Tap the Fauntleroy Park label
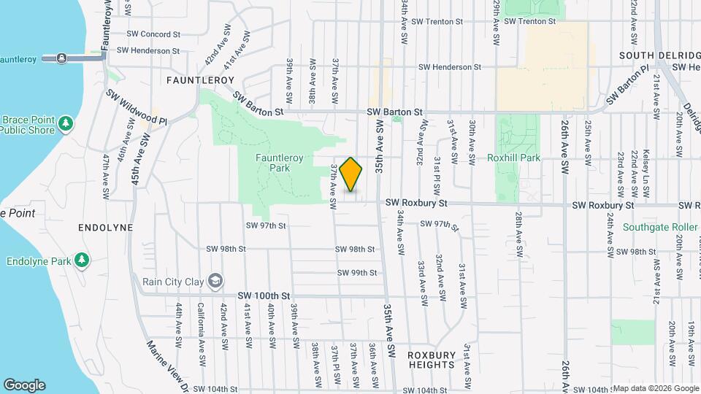[272, 163]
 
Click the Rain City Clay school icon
[215, 280]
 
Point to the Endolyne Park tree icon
[83, 260]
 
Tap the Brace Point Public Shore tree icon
[66, 122]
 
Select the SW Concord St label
[153, 34]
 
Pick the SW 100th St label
[264, 295]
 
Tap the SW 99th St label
[357, 273]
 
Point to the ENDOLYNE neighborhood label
[106, 228]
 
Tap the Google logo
[24, 385]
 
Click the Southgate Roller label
[661, 228]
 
